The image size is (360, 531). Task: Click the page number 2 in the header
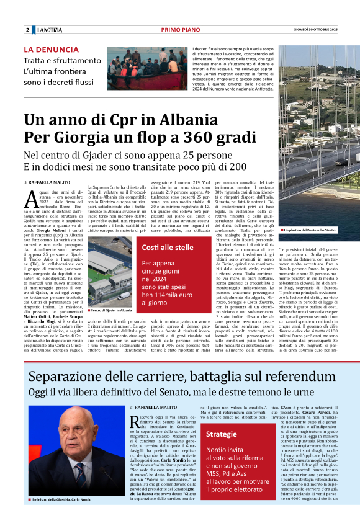[x=27, y=30]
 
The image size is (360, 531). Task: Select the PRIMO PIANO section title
[x=180, y=30]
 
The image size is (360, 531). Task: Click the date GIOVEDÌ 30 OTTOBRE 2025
[x=315, y=30]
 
